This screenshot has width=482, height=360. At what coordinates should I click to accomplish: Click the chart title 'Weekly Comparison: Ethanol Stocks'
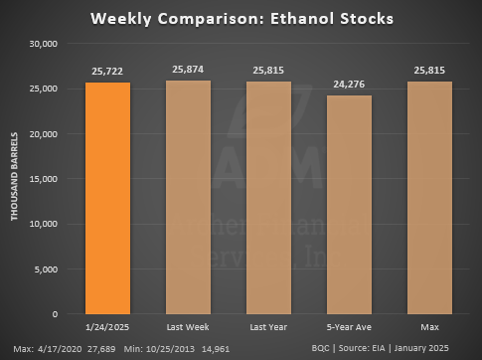pos(241,19)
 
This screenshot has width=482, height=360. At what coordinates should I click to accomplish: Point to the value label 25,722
pos(106,73)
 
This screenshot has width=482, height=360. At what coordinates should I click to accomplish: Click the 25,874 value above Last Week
pos(187,72)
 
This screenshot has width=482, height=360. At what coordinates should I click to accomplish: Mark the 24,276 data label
pos(349,86)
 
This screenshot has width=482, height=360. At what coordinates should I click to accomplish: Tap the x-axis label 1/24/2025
pos(106,326)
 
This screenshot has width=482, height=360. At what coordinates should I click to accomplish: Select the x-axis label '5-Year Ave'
pos(349,326)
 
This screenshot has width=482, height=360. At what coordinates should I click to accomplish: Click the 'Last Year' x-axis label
pos(268,326)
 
